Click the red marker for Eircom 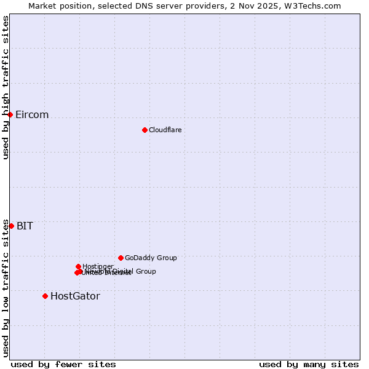[x=10, y=114]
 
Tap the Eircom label [x=32, y=115]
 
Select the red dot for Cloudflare [x=145, y=130]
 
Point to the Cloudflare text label [x=165, y=130]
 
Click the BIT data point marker [x=11, y=226]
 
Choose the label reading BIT [x=25, y=226]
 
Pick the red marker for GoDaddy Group [x=121, y=258]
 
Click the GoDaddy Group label [x=151, y=258]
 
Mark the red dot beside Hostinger [x=78, y=266]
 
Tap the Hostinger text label [x=98, y=266]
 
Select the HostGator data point [x=45, y=296]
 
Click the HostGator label [x=75, y=296]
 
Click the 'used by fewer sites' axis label [x=63, y=364]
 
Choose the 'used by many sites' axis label [x=309, y=364]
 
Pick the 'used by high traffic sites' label [x=6, y=87]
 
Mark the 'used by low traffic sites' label [x=6, y=288]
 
